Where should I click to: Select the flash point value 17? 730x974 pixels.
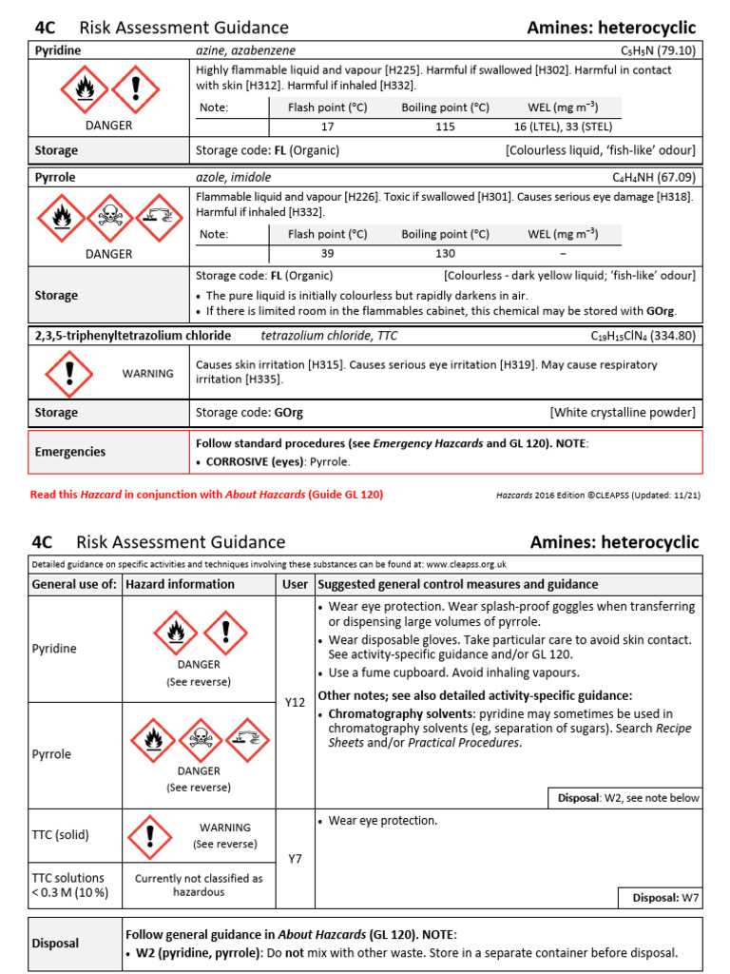click(x=327, y=127)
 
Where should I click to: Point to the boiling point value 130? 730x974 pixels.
click(x=445, y=254)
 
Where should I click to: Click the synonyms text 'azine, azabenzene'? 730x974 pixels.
click(x=245, y=49)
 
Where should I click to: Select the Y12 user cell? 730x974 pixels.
click(x=295, y=702)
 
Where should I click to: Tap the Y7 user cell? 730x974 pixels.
click(x=295, y=859)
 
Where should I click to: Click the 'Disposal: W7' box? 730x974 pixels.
click(x=661, y=897)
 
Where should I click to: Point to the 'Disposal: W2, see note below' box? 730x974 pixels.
click(x=626, y=798)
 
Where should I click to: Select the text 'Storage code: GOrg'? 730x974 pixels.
click(x=249, y=413)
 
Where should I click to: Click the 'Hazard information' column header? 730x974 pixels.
click(x=181, y=584)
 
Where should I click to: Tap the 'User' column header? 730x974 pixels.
click(x=295, y=584)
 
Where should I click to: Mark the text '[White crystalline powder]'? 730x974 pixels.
click(x=622, y=413)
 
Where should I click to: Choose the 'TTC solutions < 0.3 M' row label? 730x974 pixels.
click(x=68, y=885)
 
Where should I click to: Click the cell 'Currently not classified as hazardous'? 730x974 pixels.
click(x=199, y=885)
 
